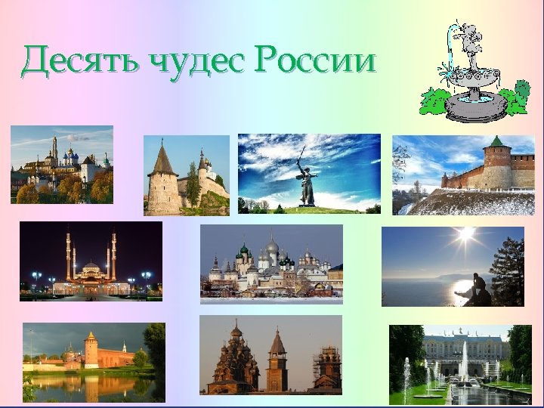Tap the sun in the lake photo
(465, 234)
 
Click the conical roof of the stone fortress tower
(162, 159)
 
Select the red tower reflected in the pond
(91, 351)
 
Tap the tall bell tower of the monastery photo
(54, 155)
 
